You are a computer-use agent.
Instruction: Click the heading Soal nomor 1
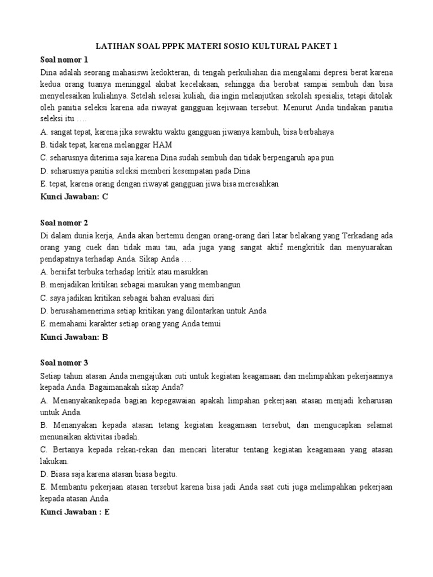(64, 60)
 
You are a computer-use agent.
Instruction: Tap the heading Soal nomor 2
(64, 223)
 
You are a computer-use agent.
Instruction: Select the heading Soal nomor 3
(64, 362)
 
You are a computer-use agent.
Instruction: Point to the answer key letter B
(104, 337)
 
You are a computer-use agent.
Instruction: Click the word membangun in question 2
(218, 285)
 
